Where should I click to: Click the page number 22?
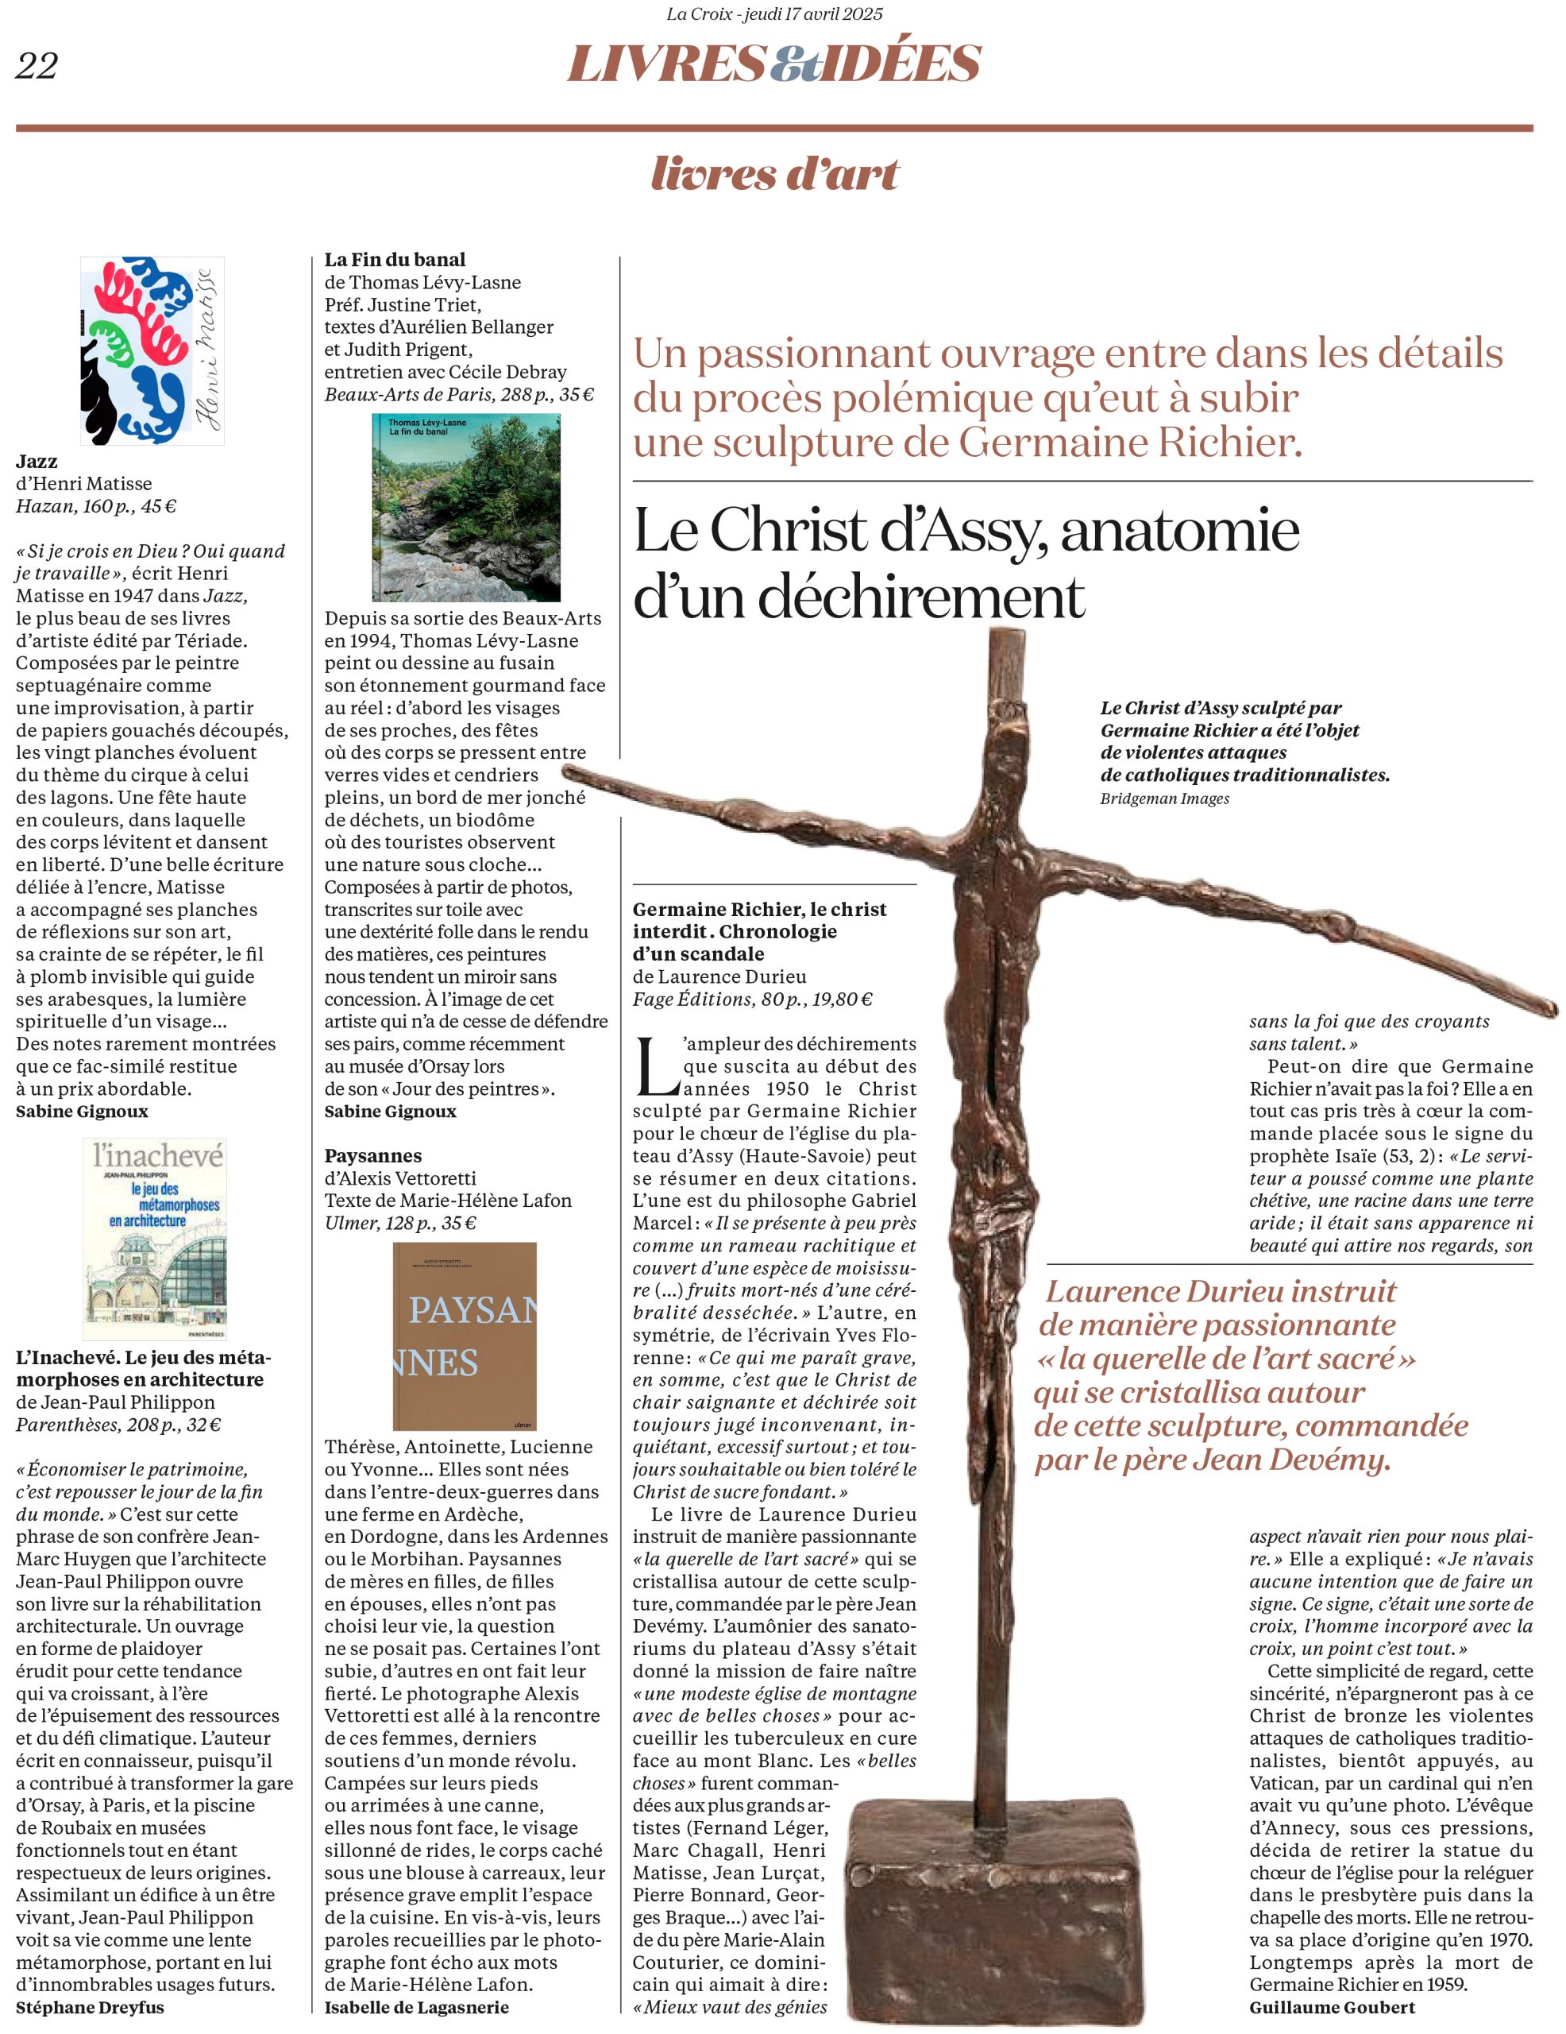click(x=37, y=66)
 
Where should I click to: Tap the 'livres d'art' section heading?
click(x=774, y=174)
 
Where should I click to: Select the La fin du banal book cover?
click(x=465, y=508)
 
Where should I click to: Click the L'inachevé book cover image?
click(x=155, y=1239)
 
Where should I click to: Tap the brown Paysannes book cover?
click(x=465, y=1336)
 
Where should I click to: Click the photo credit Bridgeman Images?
click(x=1164, y=799)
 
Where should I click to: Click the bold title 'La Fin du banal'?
click(x=395, y=260)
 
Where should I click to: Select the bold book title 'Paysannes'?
click(x=373, y=1156)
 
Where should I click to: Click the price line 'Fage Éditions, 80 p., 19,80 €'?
click(x=752, y=1000)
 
